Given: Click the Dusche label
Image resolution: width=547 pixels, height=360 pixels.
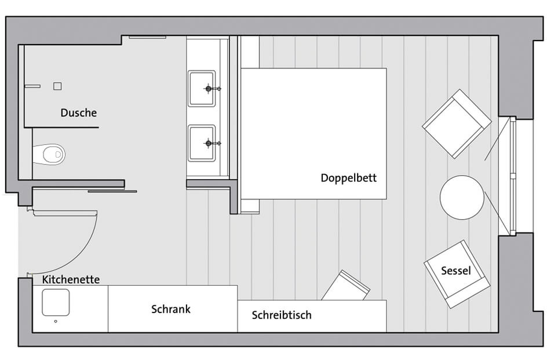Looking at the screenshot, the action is [x=78, y=113].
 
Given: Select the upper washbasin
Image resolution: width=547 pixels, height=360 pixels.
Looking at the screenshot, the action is [x=202, y=88].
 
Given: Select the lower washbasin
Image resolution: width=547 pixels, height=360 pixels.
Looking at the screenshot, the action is [x=202, y=143].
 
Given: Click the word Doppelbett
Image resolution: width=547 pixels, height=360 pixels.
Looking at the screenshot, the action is [x=348, y=178].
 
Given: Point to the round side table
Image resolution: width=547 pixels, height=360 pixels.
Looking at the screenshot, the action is [x=462, y=197].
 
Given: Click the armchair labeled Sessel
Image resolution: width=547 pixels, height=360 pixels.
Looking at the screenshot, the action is [x=457, y=274].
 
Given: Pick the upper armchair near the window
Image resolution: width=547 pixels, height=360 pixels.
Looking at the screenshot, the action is [x=457, y=124].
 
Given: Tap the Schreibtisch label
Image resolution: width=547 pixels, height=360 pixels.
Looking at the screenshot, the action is [x=282, y=315].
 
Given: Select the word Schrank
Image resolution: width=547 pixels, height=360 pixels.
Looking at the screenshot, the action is [x=171, y=309].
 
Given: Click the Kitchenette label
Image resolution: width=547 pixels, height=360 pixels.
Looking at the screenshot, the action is [x=71, y=279].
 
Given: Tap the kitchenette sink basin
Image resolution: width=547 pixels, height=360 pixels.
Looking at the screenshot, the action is [x=56, y=303].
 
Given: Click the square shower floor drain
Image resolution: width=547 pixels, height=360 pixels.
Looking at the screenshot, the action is [x=57, y=86].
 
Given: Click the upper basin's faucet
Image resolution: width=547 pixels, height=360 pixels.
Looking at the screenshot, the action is [x=211, y=89].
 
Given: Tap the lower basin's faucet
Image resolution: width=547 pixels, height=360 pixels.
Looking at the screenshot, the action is [x=211, y=143].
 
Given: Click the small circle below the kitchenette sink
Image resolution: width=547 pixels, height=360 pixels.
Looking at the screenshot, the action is [x=56, y=321].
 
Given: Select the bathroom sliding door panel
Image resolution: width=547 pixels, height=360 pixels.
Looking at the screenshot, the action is [x=112, y=191].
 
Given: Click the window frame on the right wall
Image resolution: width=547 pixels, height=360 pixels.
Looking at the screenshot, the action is [x=513, y=176].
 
